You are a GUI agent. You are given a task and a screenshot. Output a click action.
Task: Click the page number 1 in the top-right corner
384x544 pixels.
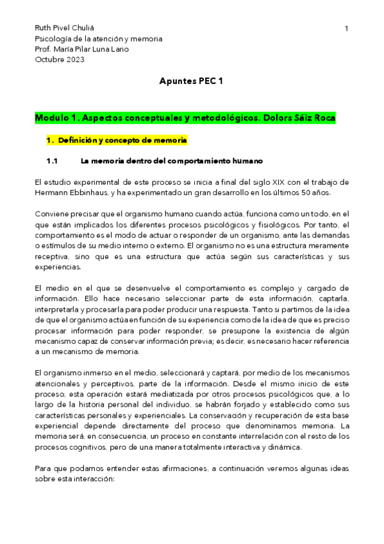[x=346, y=29]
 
